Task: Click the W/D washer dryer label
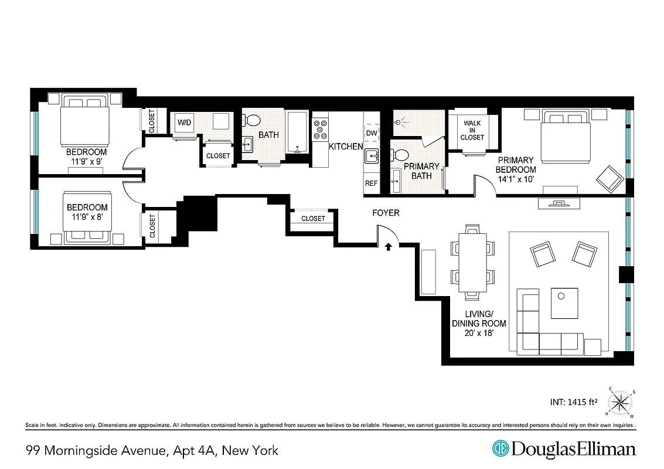(x=184, y=123)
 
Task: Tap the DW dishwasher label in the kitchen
(x=372, y=133)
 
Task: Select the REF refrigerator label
(x=372, y=183)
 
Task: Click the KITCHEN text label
(x=345, y=147)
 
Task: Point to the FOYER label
(x=386, y=213)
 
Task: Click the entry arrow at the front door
(x=388, y=248)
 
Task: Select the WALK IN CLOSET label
(x=472, y=130)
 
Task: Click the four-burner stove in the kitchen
(x=320, y=130)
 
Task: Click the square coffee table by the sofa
(x=564, y=303)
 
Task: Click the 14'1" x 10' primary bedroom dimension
(x=515, y=179)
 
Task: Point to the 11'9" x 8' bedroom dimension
(x=87, y=217)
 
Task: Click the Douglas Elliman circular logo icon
(x=500, y=450)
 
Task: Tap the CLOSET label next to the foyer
(x=313, y=219)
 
